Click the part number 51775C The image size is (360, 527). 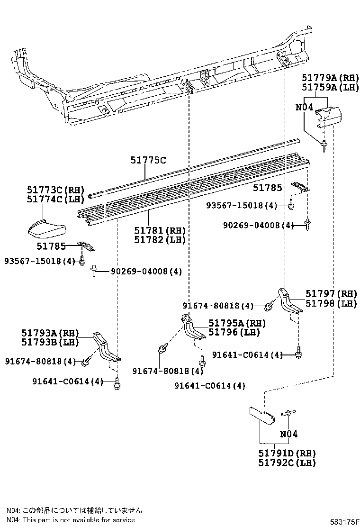pyautogui.click(x=148, y=161)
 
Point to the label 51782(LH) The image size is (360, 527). pyautogui.click(x=159, y=240)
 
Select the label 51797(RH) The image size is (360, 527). pyautogui.click(x=331, y=294)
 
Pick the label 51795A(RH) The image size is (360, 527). pyautogui.click(x=237, y=323)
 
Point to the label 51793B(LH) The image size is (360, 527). pyautogui.click(x=50, y=342)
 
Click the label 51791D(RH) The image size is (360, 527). pyautogui.click(x=287, y=454)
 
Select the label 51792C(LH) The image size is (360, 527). pyautogui.click(x=287, y=463)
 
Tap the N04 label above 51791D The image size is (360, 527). pyautogui.click(x=288, y=434)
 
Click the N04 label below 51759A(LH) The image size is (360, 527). pyautogui.click(x=304, y=107)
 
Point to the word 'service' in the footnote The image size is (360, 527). pyautogui.click(x=122, y=520)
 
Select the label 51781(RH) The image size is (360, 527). pyautogui.click(x=159, y=230)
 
